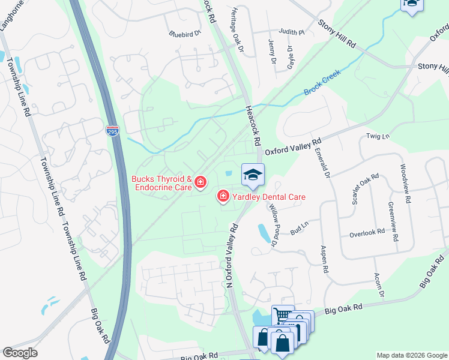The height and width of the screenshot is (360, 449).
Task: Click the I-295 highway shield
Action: point(113,130)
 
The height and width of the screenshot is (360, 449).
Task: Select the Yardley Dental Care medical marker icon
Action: point(223,196)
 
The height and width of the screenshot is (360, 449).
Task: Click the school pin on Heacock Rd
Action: point(253,175)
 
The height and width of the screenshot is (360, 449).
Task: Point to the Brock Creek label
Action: point(322,83)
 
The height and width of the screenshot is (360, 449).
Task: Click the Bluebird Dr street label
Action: point(184,34)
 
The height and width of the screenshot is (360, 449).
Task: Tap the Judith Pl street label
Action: point(291,32)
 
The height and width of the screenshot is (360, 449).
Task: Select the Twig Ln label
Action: point(378,137)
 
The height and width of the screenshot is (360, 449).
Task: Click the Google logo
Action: point(20,353)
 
